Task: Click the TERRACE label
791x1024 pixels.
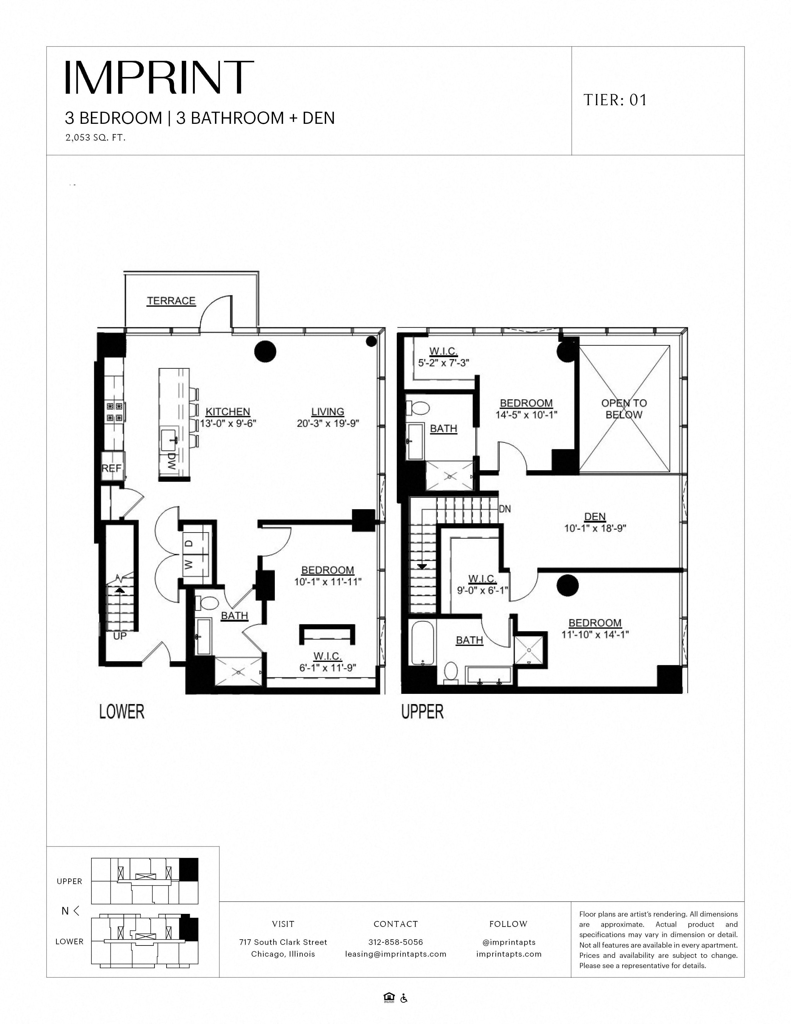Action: click(x=171, y=301)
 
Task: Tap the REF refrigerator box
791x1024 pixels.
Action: click(x=112, y=467)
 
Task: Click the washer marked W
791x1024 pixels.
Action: click(x=189, y=565)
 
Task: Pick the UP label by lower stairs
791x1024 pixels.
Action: click(x=120, y=636)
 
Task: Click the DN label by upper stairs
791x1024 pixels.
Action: click(x=505, y=509)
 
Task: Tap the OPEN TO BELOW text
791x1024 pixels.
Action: click(x=624, y=409)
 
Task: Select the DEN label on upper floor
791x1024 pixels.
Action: click(x=595, y=517)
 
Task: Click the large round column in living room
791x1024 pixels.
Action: click(x=265, y=351)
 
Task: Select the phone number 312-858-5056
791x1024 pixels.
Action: click(x=395, y=942)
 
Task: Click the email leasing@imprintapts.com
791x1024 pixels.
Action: click(x=395, y=954)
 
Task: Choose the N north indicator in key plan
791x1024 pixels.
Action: click(x=65, y=911)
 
